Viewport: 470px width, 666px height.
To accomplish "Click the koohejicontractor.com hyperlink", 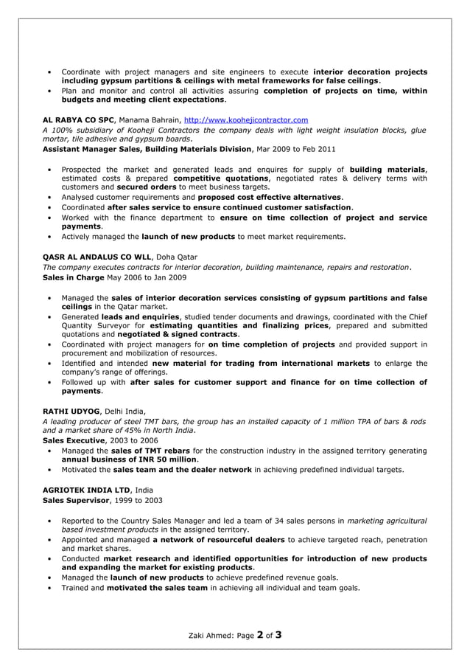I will (x=245, y=119).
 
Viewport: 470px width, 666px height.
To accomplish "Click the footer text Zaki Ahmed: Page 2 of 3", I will (x=235, y=634).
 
